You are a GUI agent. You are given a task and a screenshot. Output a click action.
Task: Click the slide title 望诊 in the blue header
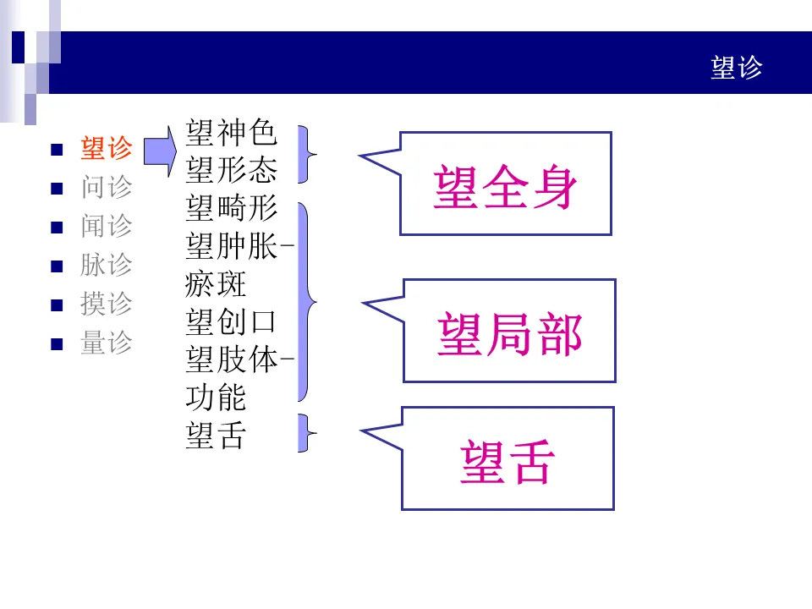(736, 68)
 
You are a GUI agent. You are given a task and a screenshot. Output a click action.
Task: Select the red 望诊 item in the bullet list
(107, 149)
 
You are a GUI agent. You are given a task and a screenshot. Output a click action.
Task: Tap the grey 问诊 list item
(107, 187)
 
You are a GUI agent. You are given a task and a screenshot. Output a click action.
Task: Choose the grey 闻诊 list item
(107, 226)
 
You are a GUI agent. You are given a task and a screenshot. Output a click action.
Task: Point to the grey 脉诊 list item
(107, 265)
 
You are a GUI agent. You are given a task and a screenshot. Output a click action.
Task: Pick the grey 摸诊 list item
(107, 304)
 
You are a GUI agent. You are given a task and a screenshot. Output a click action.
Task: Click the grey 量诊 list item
(107, 343)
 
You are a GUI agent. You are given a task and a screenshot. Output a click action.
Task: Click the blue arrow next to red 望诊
(159, 150)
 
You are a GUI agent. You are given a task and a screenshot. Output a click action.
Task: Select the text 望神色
(231, 133)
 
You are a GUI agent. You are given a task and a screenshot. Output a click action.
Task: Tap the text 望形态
(231, 170)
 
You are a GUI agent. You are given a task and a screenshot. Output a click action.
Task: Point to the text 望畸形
(231, 208)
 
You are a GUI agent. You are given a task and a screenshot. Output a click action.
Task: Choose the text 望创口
(231, 322)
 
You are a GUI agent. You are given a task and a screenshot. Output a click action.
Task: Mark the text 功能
(216, 398)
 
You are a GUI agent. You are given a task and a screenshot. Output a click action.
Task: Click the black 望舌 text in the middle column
(216, 436)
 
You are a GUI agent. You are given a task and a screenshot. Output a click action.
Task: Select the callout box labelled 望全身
(505, 184)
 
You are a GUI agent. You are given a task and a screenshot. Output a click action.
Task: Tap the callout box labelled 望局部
(509, 332)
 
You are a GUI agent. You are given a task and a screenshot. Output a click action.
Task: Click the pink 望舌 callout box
(507, 459)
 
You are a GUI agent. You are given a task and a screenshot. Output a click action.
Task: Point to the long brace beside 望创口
(305, 301)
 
